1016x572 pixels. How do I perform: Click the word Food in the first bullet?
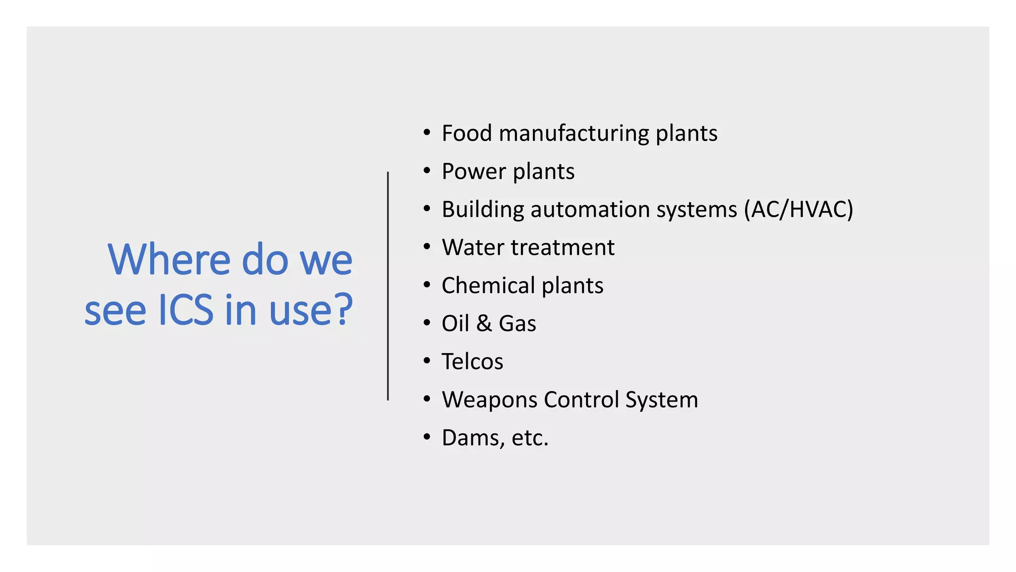[466, 133]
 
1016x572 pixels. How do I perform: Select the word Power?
[473, 171]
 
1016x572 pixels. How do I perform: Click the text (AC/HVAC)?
[798, 210]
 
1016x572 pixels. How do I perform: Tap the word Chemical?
[488, 286]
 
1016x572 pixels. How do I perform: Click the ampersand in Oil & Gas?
[484, 324]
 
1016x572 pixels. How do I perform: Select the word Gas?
[517, 324]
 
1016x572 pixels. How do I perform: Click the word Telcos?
[472, 361]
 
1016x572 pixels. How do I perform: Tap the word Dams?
[472, 438]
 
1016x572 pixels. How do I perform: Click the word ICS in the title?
[186, 310]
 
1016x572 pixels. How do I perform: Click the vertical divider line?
[388, 286]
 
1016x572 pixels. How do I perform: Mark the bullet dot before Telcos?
[427, 361]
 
